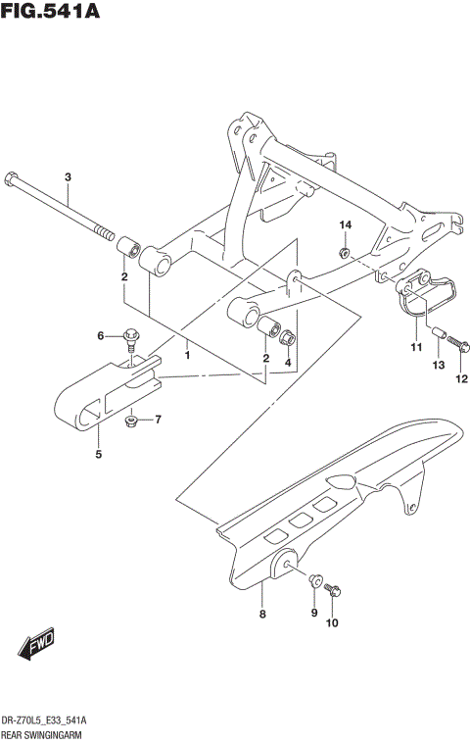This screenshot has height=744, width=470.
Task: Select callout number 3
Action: pyautogui.click(x=68, y=177)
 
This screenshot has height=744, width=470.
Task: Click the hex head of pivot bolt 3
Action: pyautogui.click(x=10, y=180)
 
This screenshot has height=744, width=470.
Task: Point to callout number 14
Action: pyautogui.click(x=345, y=226)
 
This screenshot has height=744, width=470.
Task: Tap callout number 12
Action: pyautogui.click(x=461, y=379)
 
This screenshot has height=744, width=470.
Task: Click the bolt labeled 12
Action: pyautogui.click(x=461, y=344)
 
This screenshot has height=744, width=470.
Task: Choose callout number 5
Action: pyautogui.click(x=98, y=455)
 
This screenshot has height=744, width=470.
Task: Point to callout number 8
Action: pyautogui.click(x=261, y=615)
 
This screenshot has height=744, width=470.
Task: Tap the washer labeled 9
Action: pyautogui.click(x=315, y=581)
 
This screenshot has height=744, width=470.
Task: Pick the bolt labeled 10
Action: pyautogui.click(x=335, y=592)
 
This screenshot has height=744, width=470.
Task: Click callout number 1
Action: pyautogui.click(x=186, y=345)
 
